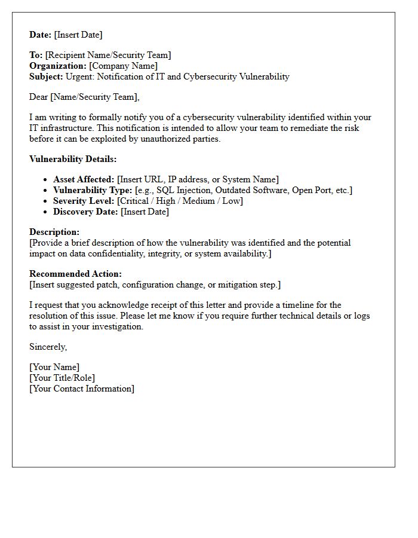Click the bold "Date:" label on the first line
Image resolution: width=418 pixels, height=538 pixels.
point(41,35)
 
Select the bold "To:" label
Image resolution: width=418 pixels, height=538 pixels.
point(36,55)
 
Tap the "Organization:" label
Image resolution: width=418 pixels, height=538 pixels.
point(58,66)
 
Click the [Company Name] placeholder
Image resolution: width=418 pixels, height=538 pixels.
point(124,66)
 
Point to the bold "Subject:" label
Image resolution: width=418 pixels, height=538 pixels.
point(46,77)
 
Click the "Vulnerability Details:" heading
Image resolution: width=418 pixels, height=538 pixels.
point(73,159)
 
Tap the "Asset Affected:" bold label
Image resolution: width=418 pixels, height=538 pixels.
point(84,179)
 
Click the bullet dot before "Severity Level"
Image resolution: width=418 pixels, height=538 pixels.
point(46,201)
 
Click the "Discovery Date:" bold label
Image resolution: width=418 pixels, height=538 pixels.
point(85,212)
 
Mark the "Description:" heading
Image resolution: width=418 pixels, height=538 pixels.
point(54,232)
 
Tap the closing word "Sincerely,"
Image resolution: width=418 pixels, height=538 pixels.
point(48,347)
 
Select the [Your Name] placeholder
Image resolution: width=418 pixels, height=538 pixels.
point(54,367)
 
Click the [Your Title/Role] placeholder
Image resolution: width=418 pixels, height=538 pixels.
point(62,378)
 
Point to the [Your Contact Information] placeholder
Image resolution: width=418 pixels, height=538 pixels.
point(82,389)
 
